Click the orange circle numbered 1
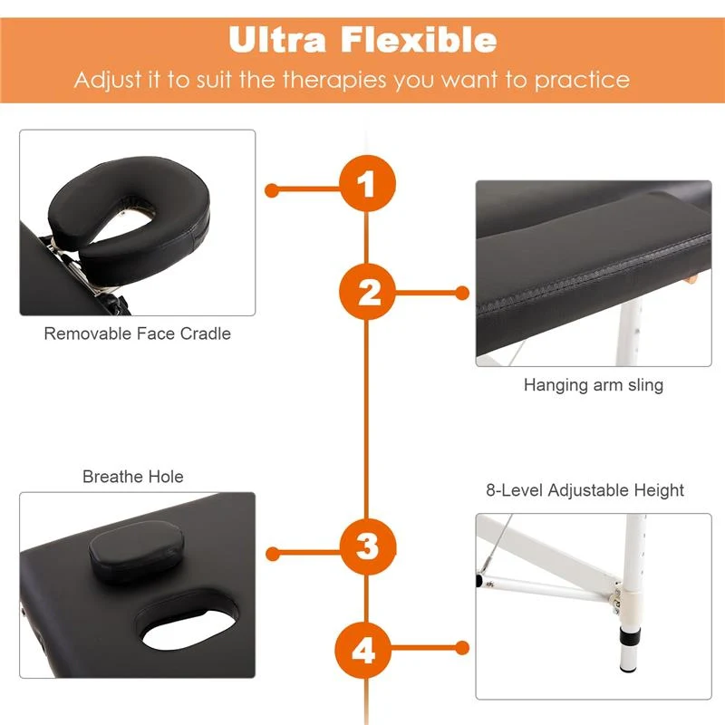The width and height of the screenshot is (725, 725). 368,183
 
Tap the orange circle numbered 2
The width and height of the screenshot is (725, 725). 368,291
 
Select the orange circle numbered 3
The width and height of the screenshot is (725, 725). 368,546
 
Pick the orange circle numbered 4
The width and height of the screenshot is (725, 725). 363,650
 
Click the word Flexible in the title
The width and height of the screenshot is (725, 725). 419,39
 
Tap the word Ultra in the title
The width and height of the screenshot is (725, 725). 277,39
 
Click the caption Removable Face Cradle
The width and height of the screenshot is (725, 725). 138,333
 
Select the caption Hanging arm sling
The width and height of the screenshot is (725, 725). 594,384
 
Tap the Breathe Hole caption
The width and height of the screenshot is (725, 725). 132,477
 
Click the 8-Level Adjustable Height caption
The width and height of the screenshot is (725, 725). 585,490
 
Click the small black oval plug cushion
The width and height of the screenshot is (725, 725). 137,550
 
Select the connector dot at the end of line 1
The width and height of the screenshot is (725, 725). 272,190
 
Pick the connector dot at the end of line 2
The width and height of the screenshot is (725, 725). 462,293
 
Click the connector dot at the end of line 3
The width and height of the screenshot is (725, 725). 273,554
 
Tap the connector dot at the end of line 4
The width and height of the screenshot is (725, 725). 462,648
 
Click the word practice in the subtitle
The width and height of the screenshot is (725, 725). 582,81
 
